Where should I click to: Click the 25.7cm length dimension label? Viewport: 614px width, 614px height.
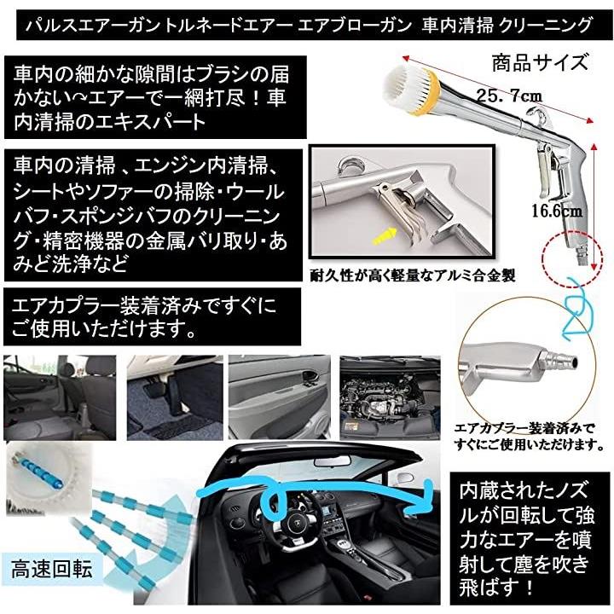tap(509, 96)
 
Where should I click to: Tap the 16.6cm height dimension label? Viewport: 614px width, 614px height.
tap(557, 211)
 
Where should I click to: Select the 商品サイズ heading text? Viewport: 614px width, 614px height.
tap(540, 62)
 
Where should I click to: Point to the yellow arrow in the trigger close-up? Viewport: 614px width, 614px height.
tap(384, 236)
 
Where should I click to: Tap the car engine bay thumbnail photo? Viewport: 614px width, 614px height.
tap(390, 397)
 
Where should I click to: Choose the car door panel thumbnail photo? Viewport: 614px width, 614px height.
tap(279, 397)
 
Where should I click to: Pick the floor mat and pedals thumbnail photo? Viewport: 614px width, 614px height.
tap(175, 397)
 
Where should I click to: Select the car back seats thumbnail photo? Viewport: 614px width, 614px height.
tap(60, 397)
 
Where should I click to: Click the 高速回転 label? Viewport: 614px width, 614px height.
tap(51, 569)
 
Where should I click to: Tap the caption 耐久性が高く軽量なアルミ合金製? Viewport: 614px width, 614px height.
tap(413, 275)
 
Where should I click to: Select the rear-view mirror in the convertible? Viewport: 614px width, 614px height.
tap(332, 460)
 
